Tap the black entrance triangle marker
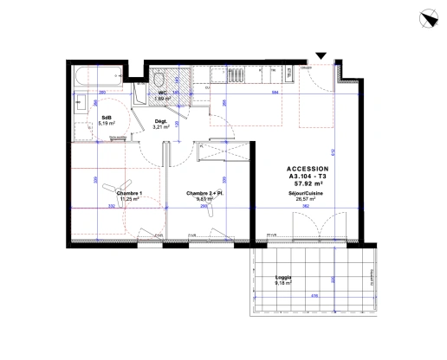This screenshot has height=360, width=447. click(x=321, y=57)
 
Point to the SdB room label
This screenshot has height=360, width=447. click(x=106, y=118)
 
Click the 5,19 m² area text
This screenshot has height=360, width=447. click(x=107, y=124)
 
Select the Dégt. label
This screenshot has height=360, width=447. click(x=159, y=121)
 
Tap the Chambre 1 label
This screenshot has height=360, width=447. click(x=128, y=192)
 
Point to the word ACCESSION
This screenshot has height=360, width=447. click(x=308, y=168)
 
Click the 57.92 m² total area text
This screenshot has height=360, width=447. click(x=308, y=183)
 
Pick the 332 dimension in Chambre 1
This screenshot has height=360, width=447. click(x=112, y=208)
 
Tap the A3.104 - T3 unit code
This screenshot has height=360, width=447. click(x=308, y=176)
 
